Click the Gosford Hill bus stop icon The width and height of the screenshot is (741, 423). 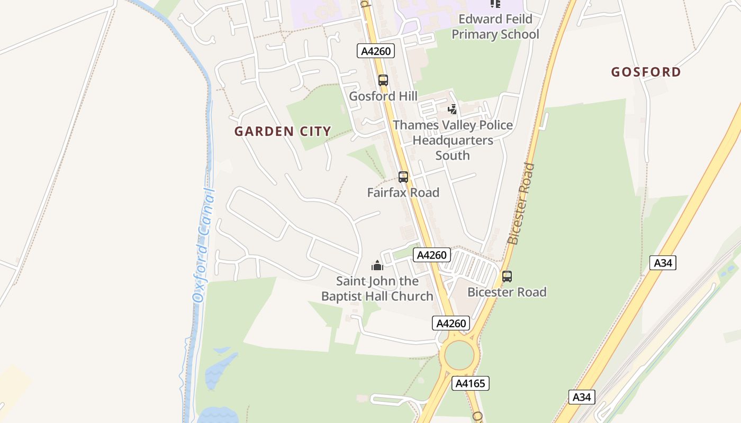coord(383,80)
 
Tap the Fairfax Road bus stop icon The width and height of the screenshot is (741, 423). coord(403,177)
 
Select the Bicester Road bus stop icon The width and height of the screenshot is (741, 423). coord(507,276)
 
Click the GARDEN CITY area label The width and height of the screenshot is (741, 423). coord(283,131)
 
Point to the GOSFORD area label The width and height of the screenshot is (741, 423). coord(646,72)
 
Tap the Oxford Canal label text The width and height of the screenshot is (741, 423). coord(204,246)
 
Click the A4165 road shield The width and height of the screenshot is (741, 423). coord(471,383)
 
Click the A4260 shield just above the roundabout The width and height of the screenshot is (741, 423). coord(451,323)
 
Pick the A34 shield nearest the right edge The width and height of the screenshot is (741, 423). coord(663,263)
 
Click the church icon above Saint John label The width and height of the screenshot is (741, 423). coord(377,265)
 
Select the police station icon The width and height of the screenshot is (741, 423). coord(452,109)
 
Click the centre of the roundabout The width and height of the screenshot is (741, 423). coord(459,356)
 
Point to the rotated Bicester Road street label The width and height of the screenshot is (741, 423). coord(521,204)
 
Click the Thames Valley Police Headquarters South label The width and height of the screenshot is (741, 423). coord(453,140)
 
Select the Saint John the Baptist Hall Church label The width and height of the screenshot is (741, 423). coord(377,289)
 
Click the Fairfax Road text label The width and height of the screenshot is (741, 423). coord(403,192)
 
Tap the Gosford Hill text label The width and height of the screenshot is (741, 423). coord(383,96)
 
